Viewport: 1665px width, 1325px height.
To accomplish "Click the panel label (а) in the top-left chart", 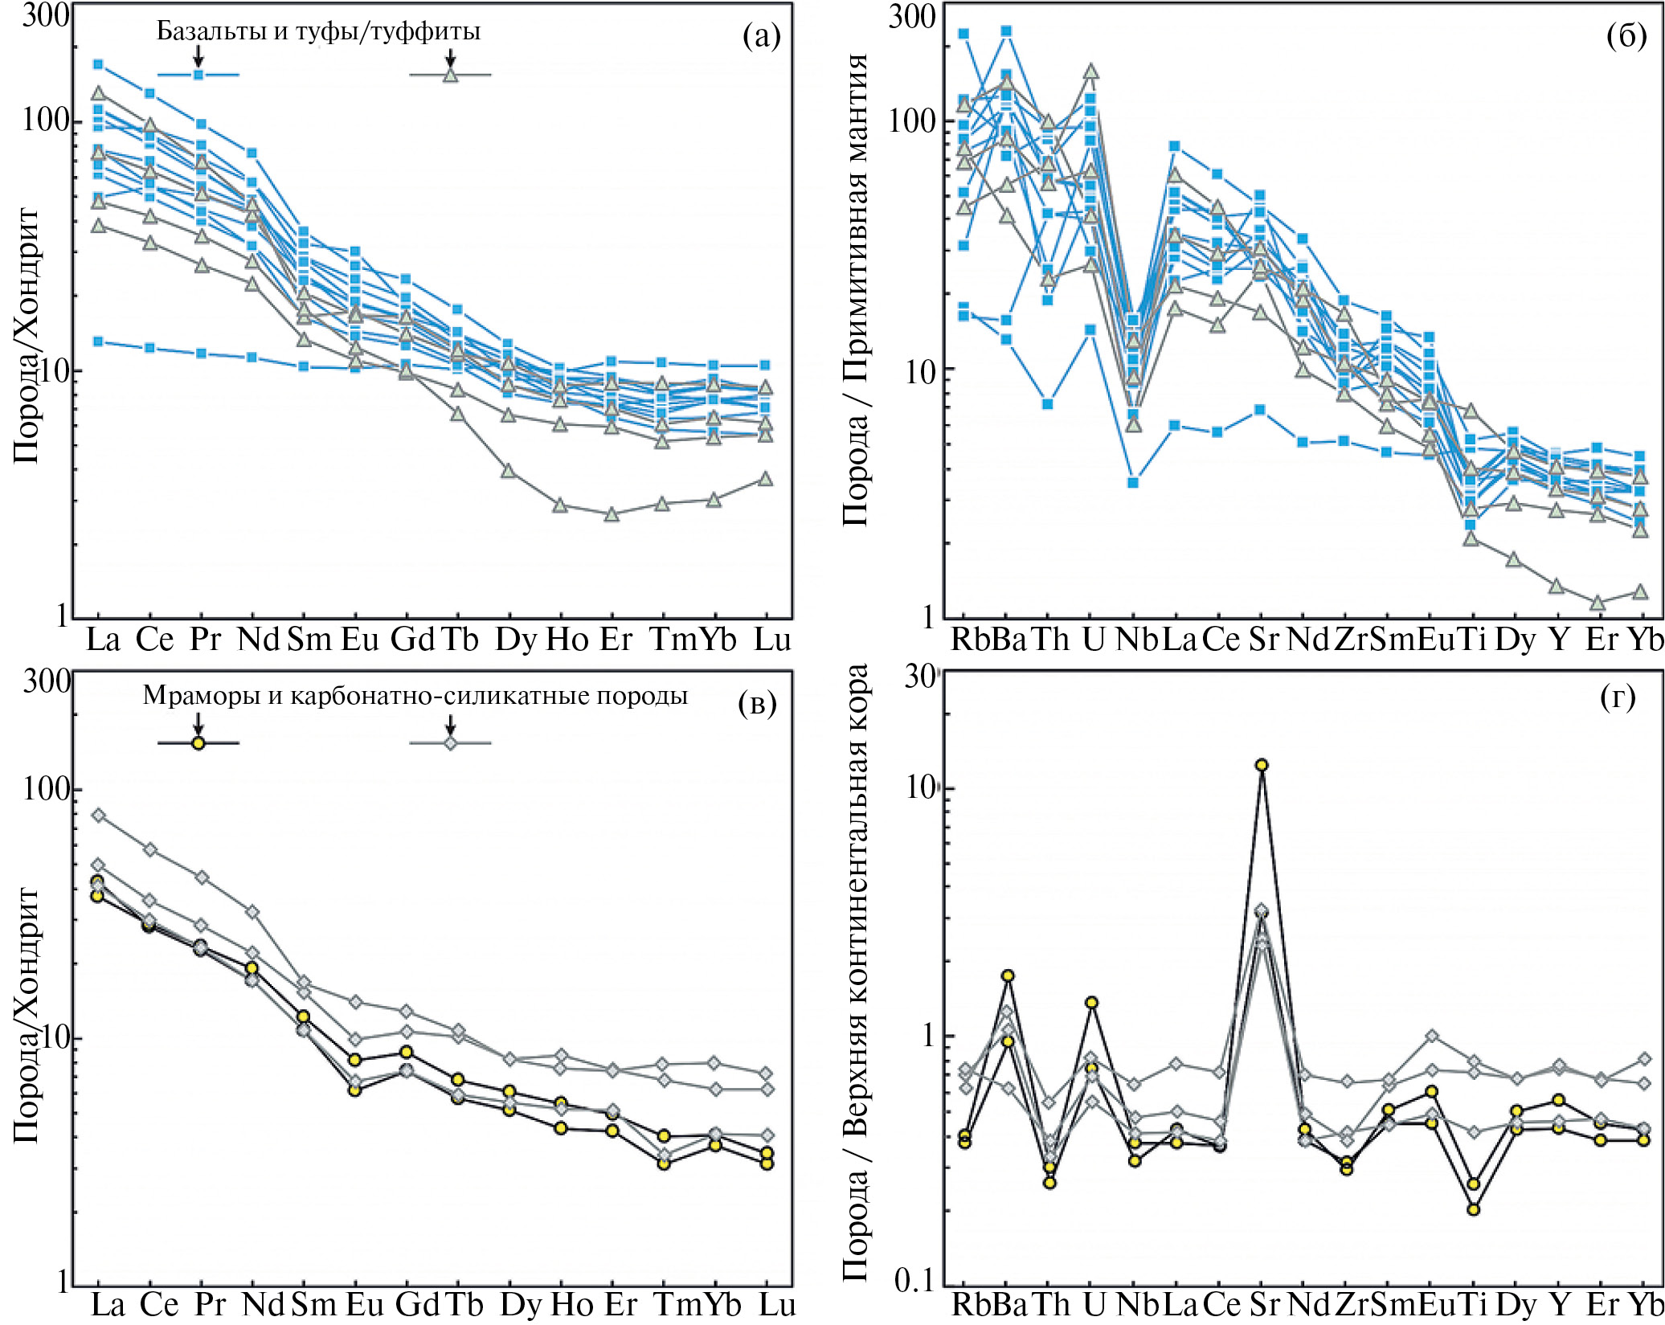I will click(x=761, y=36).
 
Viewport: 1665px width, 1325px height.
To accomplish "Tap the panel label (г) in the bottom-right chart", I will click(x=1618, y=697).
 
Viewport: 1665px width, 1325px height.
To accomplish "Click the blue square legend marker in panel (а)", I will click(x=198, y=75).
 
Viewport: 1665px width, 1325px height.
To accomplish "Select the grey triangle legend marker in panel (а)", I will click(x=451, y=76).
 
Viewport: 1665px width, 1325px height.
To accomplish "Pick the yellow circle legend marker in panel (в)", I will click(x=198, y=742).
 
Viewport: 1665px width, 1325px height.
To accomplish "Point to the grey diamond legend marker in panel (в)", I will click(x=451, y=742).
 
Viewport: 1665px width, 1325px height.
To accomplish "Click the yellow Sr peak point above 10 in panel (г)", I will click(x=1262, y=765).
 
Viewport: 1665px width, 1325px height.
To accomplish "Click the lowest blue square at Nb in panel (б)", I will click(x=1133, y=483).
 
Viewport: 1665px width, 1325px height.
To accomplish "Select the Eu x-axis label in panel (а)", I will click(x=360, y=640).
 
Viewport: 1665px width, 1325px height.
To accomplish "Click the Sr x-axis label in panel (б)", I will click(x=1263, y=640).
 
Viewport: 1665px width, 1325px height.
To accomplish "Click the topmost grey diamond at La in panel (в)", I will click(x=98, y=816).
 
